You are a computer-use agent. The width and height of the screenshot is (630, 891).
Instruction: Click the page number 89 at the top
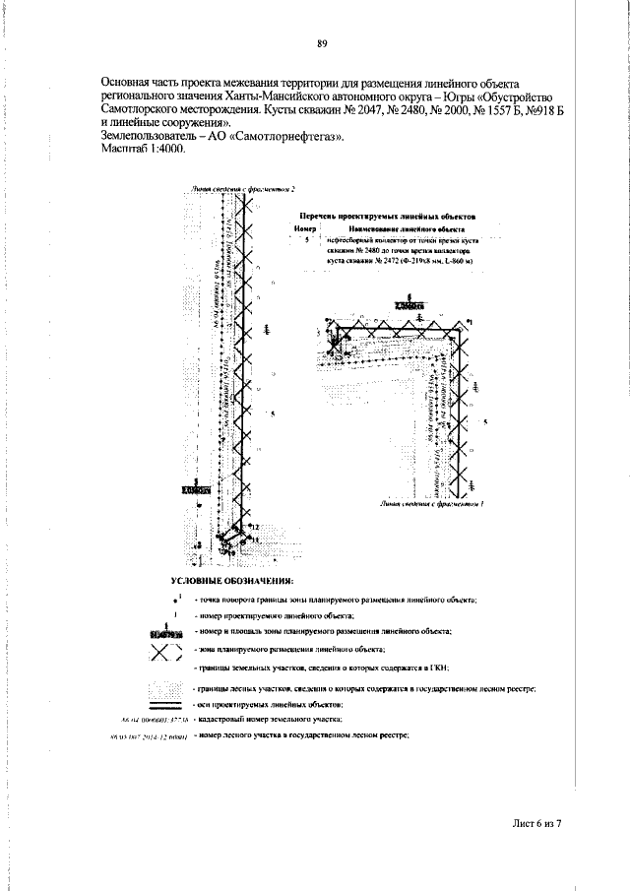pos(322,43)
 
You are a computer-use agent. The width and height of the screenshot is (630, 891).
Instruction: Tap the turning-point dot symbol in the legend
pos(175,600)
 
